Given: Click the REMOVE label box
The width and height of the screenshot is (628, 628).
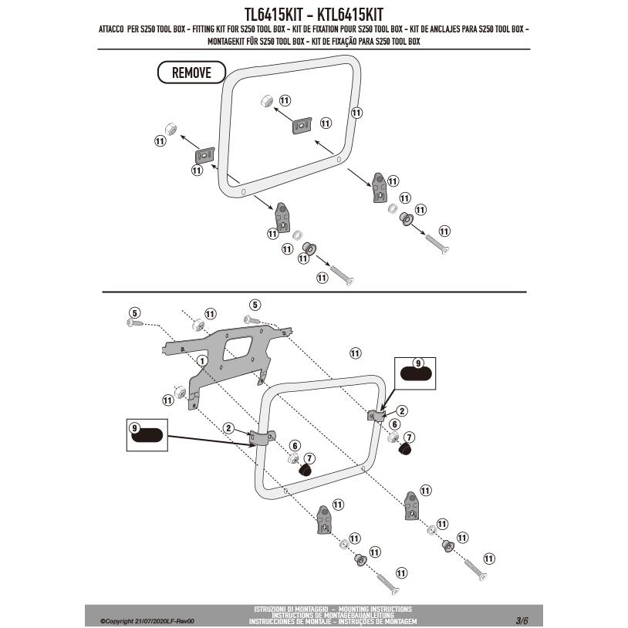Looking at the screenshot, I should point(191,73).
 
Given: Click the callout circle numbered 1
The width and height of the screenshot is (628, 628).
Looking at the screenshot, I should point(201,360).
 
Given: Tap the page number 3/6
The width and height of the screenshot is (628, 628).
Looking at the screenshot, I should point(522,620).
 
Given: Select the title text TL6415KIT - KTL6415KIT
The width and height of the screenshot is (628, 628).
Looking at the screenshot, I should point(314,14).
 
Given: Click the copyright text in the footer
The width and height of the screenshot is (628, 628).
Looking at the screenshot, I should point(146,620).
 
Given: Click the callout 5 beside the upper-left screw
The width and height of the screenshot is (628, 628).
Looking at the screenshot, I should point(134,312).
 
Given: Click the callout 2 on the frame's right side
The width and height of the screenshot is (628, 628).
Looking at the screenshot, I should point(401,410).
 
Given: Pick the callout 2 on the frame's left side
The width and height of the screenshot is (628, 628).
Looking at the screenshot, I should point(228,427).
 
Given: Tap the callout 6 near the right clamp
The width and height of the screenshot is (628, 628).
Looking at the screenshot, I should point(394,424).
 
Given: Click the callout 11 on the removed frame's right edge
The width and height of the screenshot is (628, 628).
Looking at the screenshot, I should point(356,113).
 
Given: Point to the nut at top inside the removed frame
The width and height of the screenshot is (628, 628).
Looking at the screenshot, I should point(264,100).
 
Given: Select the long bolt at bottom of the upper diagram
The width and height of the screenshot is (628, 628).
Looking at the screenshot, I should point(340,275).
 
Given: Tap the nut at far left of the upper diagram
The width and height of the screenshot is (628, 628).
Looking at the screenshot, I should point(171,127).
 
